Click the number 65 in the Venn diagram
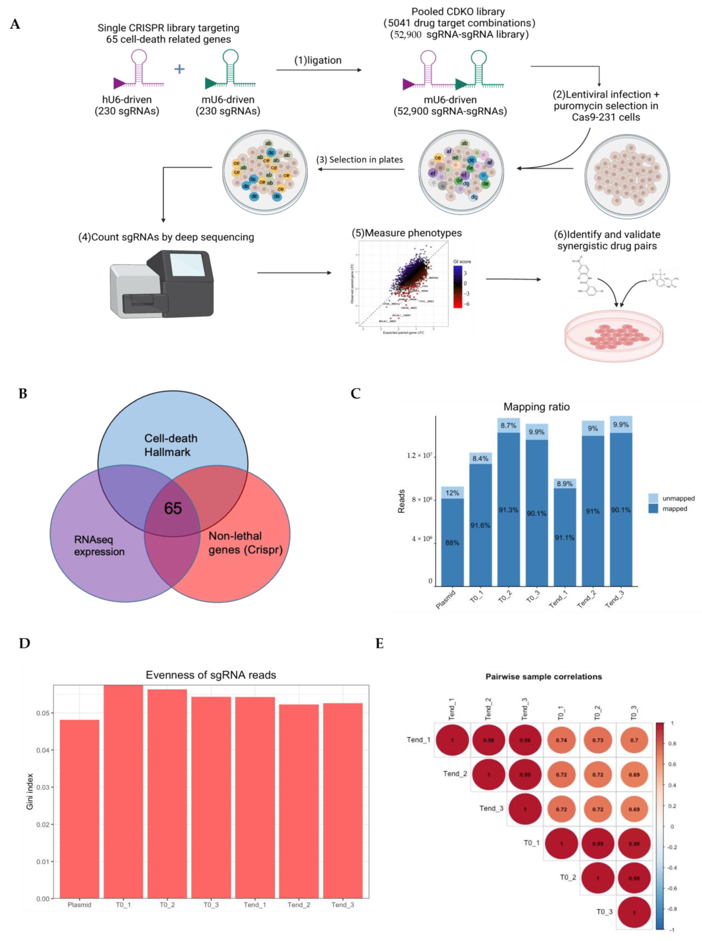pos(173,508)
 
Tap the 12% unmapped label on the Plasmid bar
pos(452,493)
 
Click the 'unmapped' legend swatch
pos(653,498)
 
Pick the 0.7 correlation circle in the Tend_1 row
pos(634,740)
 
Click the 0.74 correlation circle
pos(561,740)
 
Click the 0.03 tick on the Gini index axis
pos(42,787)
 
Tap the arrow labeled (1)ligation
pos(319,70)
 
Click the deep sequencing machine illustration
pos(161,284)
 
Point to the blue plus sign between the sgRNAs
pos(179,69)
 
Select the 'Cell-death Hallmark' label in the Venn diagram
pos(170,445)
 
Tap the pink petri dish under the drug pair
pos(613,335)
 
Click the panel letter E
pos(379,644)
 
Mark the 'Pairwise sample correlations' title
pos(543,677)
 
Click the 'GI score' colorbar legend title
pos(462,262)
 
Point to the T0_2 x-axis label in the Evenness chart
pos(167,905)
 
